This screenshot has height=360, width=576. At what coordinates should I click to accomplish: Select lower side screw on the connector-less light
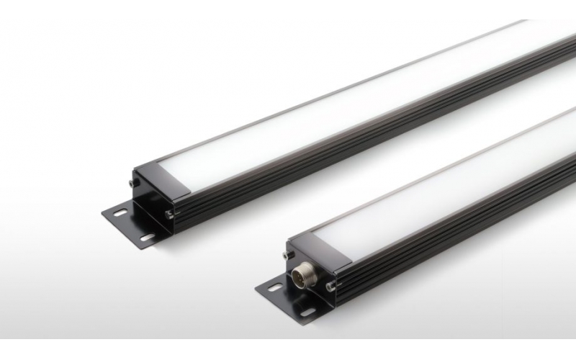[x=168, y=213]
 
